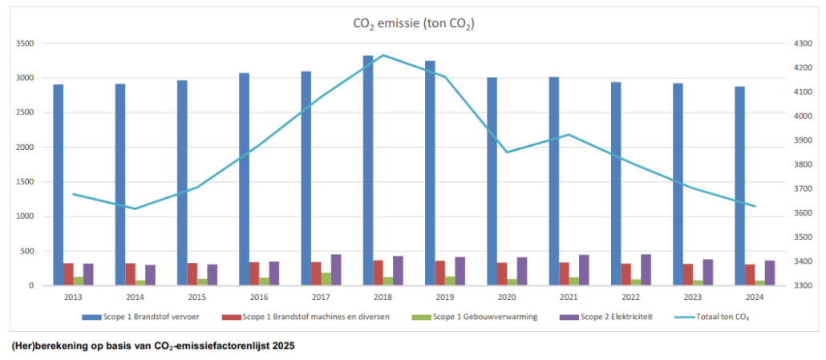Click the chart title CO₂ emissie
click(413, 24)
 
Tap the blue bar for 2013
click(59, 184)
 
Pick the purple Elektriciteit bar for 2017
click(336, 269)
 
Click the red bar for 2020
click(502, 273)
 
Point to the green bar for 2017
click(326, 278)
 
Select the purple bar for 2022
click(646, 269)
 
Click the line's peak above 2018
click(383, 55)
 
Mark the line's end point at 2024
click(755, 206)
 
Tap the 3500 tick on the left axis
click(25, 44)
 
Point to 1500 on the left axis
click(25, 182)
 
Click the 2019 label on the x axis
click(445, 297)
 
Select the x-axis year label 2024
click(755, 297)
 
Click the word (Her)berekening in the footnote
click(47, 346)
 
